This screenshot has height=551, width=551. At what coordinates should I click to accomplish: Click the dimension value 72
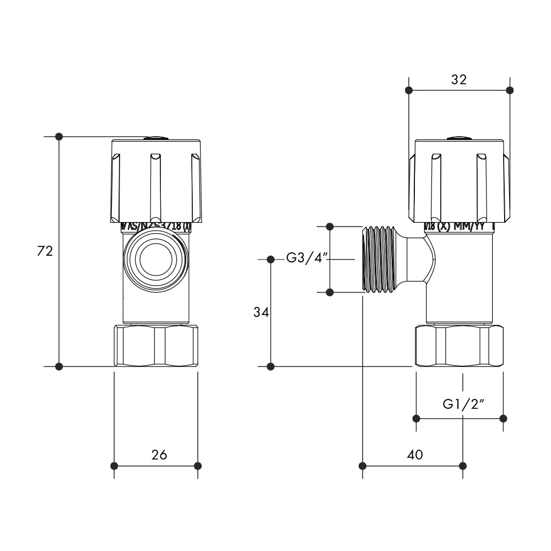[x=45, y=251]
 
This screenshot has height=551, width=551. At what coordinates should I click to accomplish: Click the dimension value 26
[x=159, y=455]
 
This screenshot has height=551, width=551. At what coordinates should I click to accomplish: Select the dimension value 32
[x=458, y=79]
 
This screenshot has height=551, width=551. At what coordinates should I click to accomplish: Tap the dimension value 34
[x=261, y=312]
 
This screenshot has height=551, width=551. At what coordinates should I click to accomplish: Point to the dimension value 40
[x=414, y=455]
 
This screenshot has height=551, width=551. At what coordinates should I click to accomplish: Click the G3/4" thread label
[x=306, y=258]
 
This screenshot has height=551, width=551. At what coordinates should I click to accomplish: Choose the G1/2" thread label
[x=463, y=404]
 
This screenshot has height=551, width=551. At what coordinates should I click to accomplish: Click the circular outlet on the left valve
[x=156, y=259]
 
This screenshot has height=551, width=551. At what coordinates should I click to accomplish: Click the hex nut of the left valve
[x=156, y=345]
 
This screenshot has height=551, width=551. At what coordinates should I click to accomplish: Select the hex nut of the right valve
[x=458, y=345]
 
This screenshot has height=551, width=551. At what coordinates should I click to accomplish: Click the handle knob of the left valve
[x=156, y=180]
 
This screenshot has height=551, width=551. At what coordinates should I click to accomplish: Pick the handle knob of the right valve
[x=458, y=180]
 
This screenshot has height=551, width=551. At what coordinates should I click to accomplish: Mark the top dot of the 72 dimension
[x=60, y=136]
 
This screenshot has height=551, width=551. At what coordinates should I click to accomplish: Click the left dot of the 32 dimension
[x=408, y=90]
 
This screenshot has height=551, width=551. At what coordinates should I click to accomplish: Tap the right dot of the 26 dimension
[x=198, y=466]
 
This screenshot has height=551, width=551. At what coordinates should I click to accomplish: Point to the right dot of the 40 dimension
[x=463, y=466]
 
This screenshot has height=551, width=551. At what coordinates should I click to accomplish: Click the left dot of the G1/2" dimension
[x=416, y=418]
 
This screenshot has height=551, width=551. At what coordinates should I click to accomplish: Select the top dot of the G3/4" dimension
[x=330, y=226]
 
